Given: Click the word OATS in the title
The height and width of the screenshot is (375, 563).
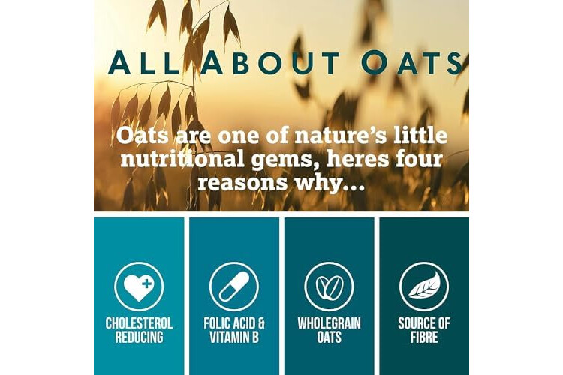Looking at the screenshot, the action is [x=412, y=63].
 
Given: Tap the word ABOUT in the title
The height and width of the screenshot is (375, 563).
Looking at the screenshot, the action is [x=270, y=63].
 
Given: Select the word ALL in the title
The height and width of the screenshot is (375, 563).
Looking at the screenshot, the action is [x=143, y=63].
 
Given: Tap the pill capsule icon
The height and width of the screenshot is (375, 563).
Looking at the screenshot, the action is [x=234, y=286].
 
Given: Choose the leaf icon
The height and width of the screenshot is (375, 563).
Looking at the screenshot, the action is [x=424, y=286].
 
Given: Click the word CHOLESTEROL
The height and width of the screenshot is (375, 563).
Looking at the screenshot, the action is [x=139, y=323].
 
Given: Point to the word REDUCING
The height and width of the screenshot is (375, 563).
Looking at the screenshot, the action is [x=139, y=337].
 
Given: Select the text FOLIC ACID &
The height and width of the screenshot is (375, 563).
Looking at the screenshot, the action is [x=234, y=323].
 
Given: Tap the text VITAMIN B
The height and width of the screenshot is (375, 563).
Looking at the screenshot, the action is [x=234, y=337].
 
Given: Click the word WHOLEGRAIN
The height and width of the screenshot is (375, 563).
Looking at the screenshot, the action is [x=330, y=323].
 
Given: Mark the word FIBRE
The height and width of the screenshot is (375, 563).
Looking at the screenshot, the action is [x=424, y=337].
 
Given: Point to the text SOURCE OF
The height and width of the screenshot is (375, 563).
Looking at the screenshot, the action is [x=424, y=323].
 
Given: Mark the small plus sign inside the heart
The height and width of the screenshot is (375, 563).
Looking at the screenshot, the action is [x=146, y=283].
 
